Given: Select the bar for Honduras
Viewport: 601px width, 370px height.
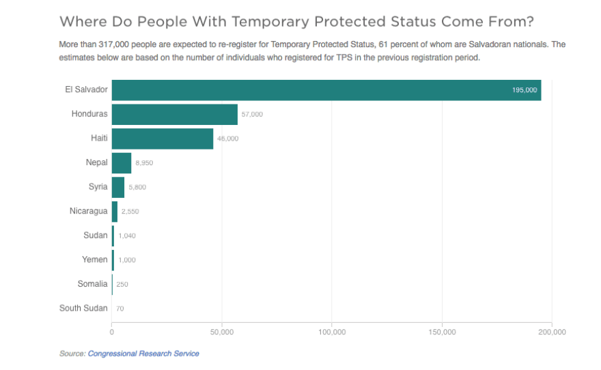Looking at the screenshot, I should [x=174, y=114].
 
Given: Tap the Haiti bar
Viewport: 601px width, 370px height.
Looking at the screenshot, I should [x=162, y=139].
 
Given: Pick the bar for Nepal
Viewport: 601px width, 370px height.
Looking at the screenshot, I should [x=121, y=163].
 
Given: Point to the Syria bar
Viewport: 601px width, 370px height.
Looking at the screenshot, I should [x=117, y=187].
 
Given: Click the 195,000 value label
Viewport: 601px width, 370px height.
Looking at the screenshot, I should [x=525, y=90].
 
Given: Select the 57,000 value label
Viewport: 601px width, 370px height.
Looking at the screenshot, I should [x=252, y=114].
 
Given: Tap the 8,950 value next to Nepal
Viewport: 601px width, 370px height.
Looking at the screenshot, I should [x=145, y=163].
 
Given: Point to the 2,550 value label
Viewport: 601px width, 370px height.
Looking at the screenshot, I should [x=130, y=212].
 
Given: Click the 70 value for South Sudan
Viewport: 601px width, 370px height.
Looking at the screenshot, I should [x=120, y=309].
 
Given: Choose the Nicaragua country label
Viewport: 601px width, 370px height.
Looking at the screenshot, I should [x=88, y=211].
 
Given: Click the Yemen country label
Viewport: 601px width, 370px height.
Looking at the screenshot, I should [x=95, y=259].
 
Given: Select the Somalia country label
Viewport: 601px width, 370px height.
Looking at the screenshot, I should [x=93, y=284].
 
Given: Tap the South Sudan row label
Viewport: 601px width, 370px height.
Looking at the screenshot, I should [x=83, y=308].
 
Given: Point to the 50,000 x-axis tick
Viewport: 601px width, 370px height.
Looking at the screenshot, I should [x=222, y=332].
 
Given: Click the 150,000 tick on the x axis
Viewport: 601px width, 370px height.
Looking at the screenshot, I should [x=442, y=332].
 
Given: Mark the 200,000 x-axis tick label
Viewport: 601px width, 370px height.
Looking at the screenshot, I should [x=552, y=332].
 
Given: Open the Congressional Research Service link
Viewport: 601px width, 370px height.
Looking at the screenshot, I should [x=143, y=354].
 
